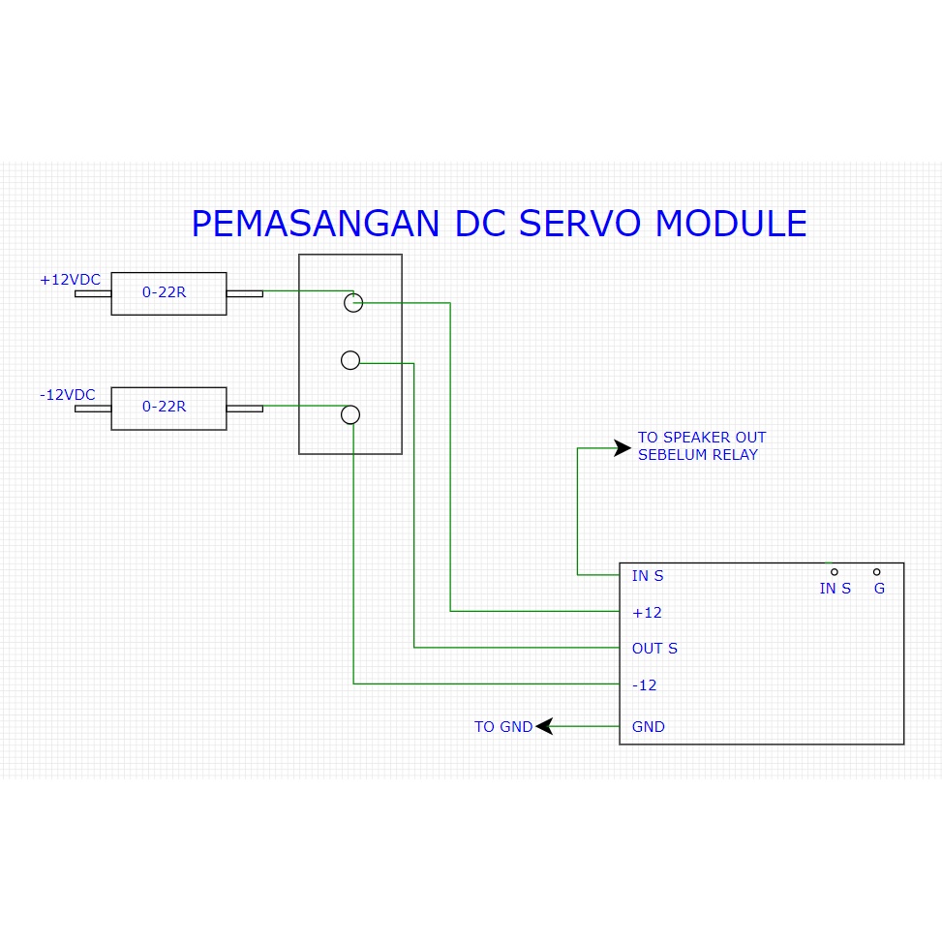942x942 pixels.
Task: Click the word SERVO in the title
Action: pos(578,224)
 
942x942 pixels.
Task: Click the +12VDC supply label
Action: pos(70,280)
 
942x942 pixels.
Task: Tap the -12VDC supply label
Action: pos(68,395)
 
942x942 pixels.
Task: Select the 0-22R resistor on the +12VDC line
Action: pos(168,293)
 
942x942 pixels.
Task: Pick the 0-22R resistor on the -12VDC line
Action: pos(168,409)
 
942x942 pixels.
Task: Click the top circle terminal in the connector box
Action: pos(353,303)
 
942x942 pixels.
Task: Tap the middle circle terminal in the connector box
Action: pos(350,361)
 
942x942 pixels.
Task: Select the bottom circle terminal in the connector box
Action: pos(350,415)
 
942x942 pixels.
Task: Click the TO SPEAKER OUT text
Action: pos(701,438)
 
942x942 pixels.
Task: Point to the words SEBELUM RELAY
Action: pos(697,455)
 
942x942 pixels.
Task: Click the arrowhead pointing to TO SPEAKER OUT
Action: pos(622,447)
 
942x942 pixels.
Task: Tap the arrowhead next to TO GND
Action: pos(544,725)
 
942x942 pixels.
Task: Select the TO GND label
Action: pos(503,727)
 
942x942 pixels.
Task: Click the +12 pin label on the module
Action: pos(647,613)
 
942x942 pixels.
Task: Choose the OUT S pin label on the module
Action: pos(654,649)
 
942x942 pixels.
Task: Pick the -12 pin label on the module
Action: pos(644,685)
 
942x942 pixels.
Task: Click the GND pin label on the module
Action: pos(648,727)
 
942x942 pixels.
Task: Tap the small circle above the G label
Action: pos(876,572)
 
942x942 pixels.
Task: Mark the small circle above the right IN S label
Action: pos(835,572)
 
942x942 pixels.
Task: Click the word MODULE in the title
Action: pos(731,224)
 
